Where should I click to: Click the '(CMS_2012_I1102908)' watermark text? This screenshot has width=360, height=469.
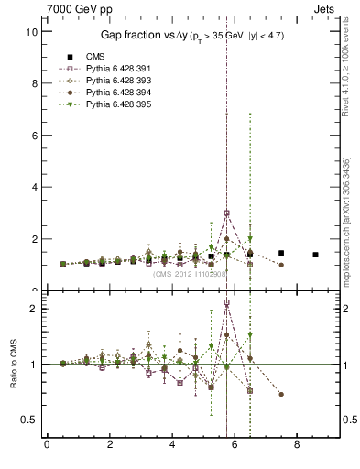(184, 273)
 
